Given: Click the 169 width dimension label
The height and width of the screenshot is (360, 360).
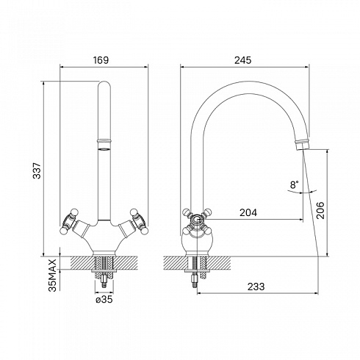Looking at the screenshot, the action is tap(101, 60).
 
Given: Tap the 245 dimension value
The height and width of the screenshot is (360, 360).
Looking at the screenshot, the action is tap(243, 60).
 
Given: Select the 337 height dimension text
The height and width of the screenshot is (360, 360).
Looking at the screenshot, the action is tap(37, 170).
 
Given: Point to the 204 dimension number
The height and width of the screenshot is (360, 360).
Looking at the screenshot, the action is tap(248, 212).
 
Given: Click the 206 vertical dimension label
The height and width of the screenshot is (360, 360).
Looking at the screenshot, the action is tap(320, 210).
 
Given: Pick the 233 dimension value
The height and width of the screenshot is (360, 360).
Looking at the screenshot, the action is tap(256, 287).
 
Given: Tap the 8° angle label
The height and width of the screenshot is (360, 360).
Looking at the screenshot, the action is tap(294, 184).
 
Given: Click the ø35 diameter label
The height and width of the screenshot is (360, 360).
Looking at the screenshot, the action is tap(104, 299).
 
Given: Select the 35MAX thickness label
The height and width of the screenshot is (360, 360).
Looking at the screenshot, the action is tap(52, 276).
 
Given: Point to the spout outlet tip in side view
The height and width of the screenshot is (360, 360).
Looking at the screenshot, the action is tap(302, 145).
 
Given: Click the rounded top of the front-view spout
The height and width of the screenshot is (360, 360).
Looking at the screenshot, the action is tap(104, 84).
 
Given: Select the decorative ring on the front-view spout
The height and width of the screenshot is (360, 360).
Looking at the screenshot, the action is tap(104, 141).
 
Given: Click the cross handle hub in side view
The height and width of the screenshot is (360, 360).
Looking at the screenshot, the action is tap(197, 220).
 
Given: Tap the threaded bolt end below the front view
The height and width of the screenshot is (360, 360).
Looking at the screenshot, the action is tap(104, 281).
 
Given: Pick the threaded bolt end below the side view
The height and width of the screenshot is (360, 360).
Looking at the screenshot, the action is tap(195, 281).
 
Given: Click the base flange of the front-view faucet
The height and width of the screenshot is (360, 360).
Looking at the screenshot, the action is tap(104, 253).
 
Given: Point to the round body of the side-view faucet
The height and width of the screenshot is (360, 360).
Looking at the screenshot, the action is tap(197, 241).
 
